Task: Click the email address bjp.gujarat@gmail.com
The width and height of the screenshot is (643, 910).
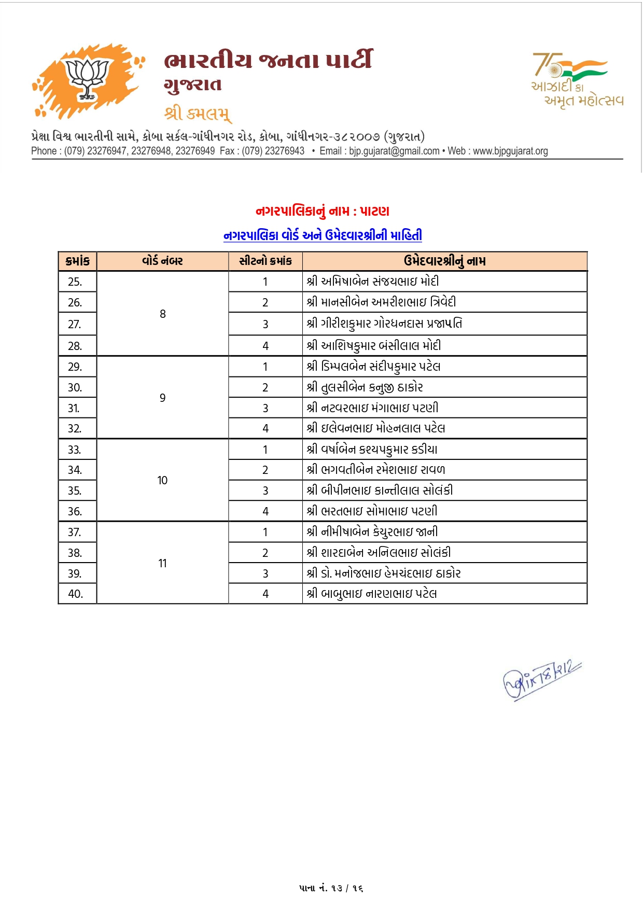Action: pos(394,151)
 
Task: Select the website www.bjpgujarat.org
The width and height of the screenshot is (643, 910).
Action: pos(510,151)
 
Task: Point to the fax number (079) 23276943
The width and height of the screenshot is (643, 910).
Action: pos(273,151)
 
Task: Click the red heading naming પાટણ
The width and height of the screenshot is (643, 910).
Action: pos(322,211)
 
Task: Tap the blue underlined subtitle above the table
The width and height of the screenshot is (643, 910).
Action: pos(322,235)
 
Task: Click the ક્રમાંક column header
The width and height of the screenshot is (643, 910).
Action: pos(77,261)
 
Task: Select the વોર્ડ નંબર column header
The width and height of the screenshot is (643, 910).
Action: pos(162,261)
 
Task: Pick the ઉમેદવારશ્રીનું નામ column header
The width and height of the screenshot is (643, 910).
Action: pos(444,261)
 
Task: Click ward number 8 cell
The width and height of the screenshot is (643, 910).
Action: pos(162,314)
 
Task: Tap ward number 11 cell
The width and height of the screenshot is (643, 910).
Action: pos(162,563)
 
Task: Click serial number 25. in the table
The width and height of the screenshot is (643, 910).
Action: pos(75,282)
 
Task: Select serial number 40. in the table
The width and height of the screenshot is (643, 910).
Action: pos(75,594)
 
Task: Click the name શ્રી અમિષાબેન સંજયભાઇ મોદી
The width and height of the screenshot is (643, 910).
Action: pos(372,282)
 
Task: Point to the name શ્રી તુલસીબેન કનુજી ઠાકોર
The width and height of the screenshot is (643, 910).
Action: pos(365,387)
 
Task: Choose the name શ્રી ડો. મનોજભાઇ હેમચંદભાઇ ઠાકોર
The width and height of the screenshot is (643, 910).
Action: pos(383,573)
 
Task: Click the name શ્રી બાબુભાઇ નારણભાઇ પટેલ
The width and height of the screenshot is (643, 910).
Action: pos(371,594)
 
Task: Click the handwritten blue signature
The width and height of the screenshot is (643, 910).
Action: pos(541,680)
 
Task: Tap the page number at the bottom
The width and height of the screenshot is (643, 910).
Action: pos(331,888)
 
